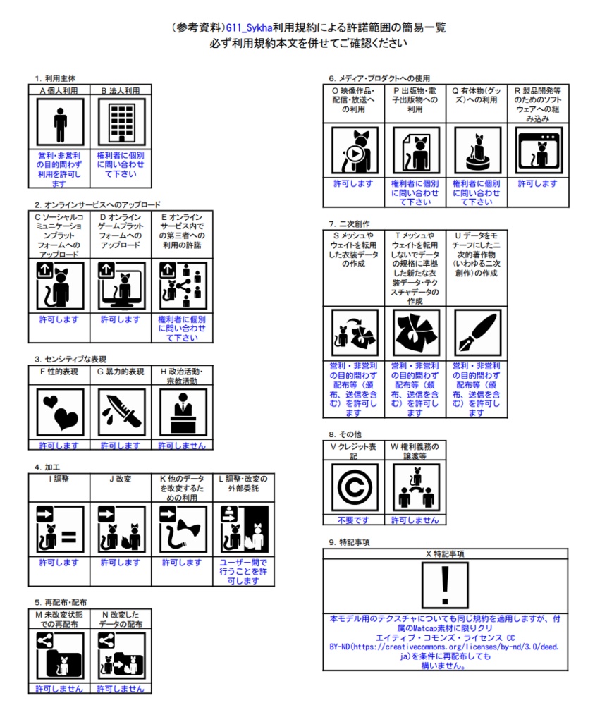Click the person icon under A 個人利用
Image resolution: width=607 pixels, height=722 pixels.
[60, 123]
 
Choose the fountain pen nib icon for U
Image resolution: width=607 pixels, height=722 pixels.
[477, 332]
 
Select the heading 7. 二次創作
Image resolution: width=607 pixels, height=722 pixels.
[349, 224]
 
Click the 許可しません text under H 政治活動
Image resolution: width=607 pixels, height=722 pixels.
[182, 446]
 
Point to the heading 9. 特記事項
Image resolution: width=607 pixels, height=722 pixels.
[349, 542]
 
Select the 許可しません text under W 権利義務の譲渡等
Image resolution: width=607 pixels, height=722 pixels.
[415, 520]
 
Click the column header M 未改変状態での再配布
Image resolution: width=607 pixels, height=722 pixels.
[60, 619]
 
